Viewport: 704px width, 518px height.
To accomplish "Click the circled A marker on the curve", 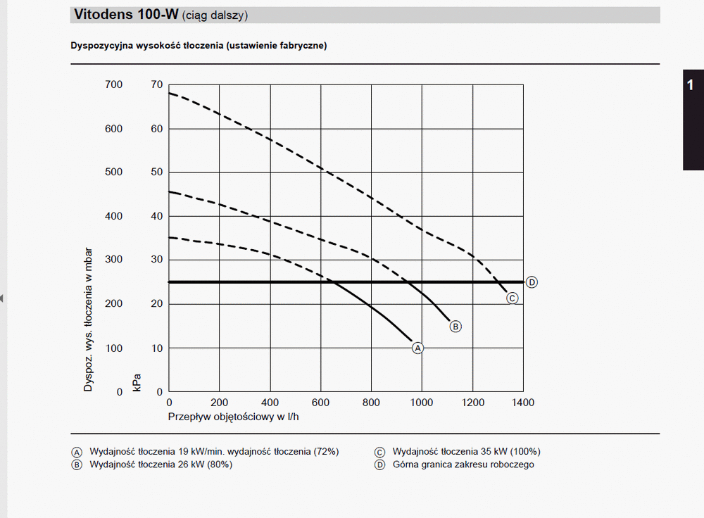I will pos(417,348).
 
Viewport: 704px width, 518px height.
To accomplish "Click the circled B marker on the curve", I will pos(455,327).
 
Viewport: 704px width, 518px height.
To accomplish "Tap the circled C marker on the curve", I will pos(513,298).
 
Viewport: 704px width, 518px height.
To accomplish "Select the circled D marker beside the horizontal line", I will pos(532,282).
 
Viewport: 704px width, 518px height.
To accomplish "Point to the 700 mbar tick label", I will pos(114,84).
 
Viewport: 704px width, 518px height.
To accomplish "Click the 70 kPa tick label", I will pos(157,84).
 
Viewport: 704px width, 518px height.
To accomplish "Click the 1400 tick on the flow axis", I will pos(523,403).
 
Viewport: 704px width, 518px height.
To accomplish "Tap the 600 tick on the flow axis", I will pos(321,403).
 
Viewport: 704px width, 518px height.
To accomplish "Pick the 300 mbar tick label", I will pos(114,260).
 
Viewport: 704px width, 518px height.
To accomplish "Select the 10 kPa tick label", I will pos(157,348).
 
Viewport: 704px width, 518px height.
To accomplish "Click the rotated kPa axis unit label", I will pos(137,380).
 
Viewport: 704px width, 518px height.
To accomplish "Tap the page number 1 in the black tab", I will pos(691,85).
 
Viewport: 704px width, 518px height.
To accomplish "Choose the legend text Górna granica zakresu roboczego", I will pos(463,465).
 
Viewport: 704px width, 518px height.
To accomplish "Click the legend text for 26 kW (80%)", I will pos(161,465).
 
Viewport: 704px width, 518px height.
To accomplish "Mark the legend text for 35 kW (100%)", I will pos(466,451).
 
